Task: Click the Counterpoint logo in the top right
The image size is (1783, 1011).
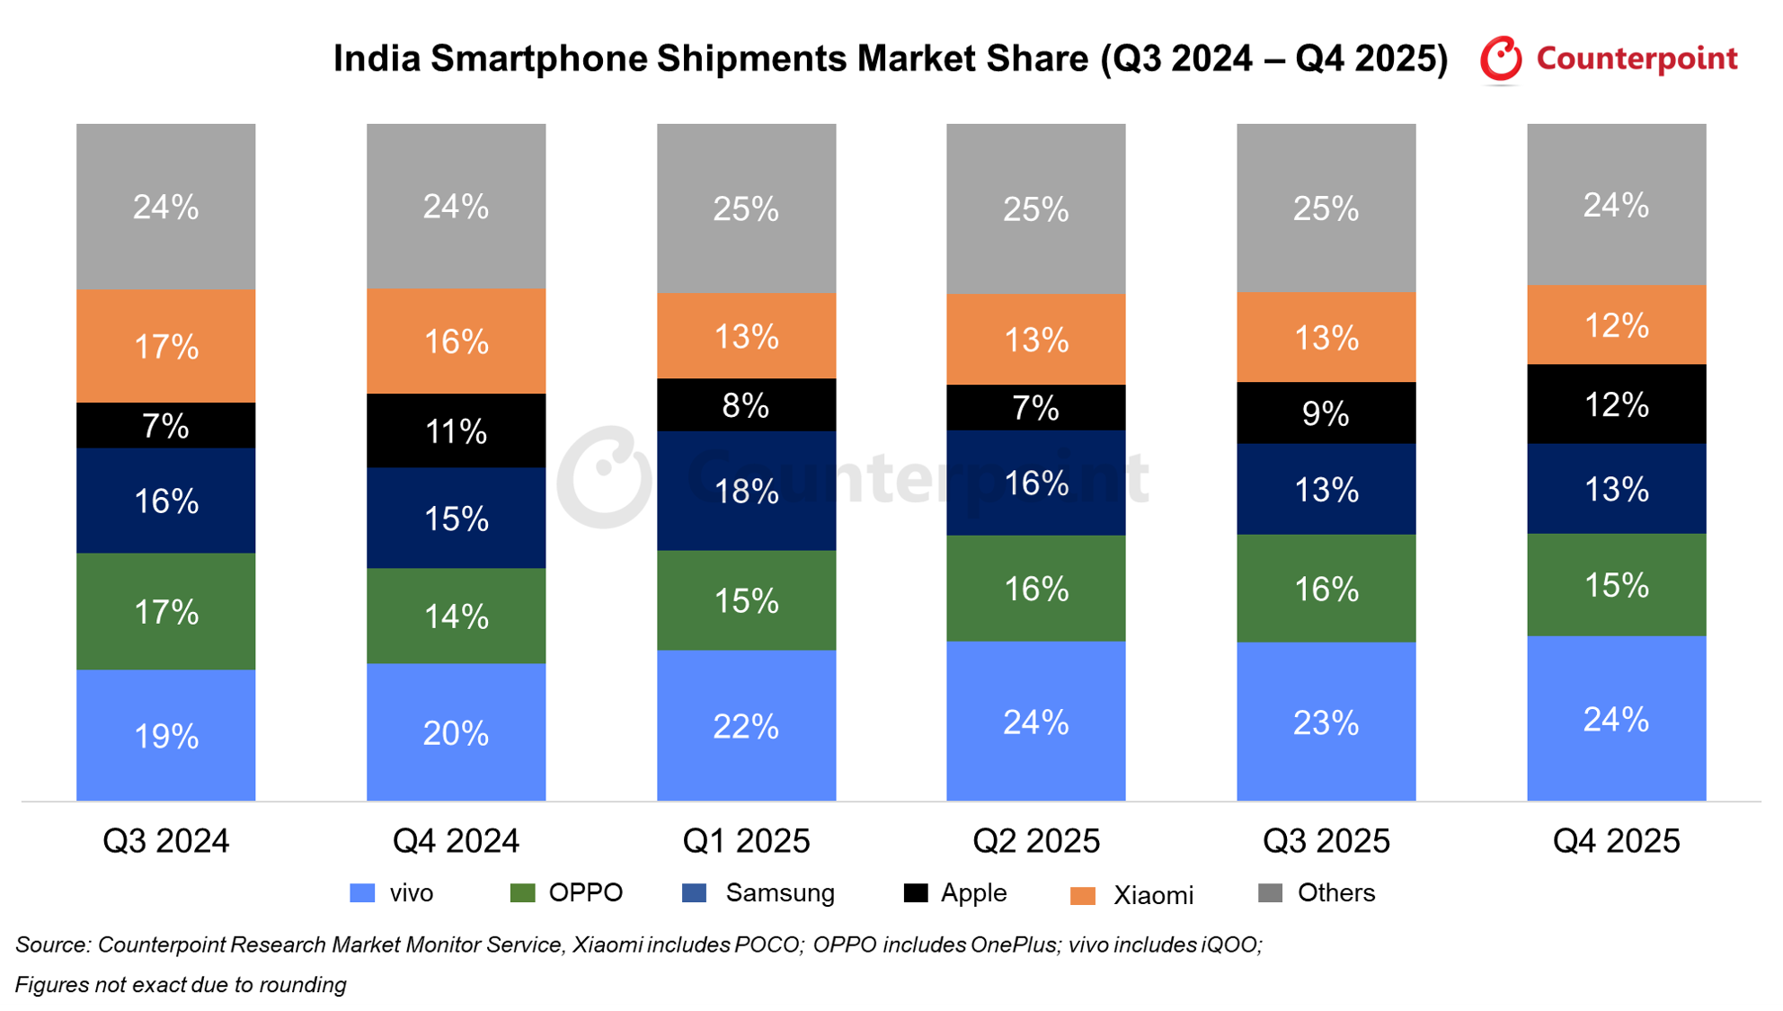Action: [1609, 59]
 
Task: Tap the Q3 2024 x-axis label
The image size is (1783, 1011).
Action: [165, 841]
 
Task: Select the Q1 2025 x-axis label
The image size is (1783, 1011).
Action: [746, 841]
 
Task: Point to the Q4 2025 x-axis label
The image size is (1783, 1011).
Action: [1616, 841]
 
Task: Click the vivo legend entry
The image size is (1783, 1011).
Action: [392, 893]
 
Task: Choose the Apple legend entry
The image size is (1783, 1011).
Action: [955, 893]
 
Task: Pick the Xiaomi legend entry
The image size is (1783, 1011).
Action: [1132, 895]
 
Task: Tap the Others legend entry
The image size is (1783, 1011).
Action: [1317, 893]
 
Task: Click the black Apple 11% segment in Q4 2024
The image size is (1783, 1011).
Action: [456, 431]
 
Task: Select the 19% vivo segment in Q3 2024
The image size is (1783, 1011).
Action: [165, 736]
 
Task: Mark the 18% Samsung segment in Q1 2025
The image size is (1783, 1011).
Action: [746, 491]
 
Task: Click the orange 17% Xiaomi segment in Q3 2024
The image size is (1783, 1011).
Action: [165, 346]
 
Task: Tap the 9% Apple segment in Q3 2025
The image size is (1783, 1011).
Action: [1326, 413]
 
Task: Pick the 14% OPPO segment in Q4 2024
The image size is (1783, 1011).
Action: [456, 616]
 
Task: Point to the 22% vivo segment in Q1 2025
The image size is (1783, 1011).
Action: [746, 726]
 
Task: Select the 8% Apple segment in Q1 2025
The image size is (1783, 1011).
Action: [746, 405]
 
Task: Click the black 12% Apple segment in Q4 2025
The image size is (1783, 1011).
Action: [1616, 404]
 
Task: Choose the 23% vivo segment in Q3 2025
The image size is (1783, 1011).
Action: [1326, 723]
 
